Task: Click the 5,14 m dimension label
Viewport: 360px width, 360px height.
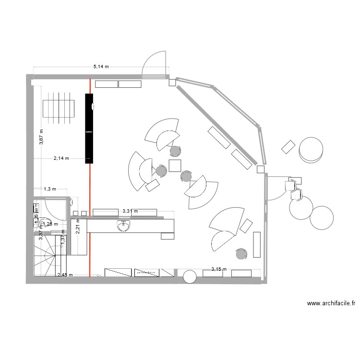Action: pos(101,67)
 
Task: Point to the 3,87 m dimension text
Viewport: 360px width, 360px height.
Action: pos(41,136)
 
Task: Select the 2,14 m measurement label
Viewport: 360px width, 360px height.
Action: pos(61,158)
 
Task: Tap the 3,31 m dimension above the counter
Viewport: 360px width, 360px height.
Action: pos(130,211)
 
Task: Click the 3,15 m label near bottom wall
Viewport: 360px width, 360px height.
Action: pos(219,269)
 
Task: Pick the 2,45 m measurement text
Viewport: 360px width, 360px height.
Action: pos(65,275)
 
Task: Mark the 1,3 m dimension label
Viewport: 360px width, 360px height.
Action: pos(50,189)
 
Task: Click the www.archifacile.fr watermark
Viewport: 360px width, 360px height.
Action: pos(331,303)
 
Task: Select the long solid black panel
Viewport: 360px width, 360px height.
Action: pos(89,128)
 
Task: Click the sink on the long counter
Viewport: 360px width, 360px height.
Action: pos(123,225)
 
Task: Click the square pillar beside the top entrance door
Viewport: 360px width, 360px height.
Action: pos(172,83)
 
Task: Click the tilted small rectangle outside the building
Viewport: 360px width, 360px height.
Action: pos(288,147)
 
